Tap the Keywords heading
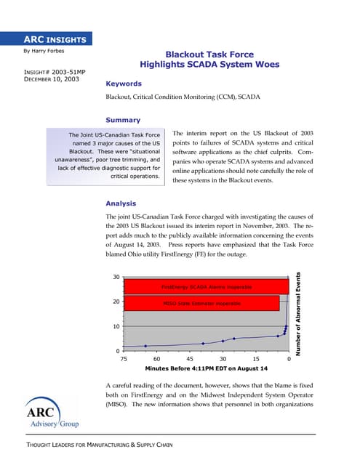(123, 84)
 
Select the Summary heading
(123, 120)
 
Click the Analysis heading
(124, 203)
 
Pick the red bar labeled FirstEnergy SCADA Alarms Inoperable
(207, 287)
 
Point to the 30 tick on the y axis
(116, 278)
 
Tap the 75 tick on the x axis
(124, 359)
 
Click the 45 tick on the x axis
(190, 359)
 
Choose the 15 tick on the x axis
(256, 359)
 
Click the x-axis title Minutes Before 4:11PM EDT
(207, 369)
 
